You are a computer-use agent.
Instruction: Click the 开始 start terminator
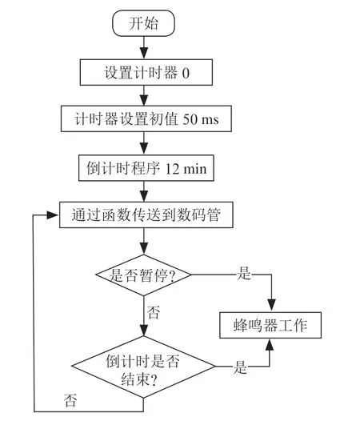(x=143, y=23)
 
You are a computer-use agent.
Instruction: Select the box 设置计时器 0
(x=146, y=72)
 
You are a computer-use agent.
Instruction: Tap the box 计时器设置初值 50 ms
(x=146, y=118)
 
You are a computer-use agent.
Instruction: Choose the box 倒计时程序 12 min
(x=146, y=168)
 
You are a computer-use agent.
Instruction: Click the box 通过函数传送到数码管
(x=146, y=215)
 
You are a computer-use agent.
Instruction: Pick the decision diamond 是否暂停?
(x=143, y=275)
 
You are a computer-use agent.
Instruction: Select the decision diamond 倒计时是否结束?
(x=143, y=367)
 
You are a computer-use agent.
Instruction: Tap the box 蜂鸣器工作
(x=270, y=325)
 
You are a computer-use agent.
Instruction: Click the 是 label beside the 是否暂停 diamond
(x=244, y=273)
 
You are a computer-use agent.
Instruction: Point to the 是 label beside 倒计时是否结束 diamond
(x=240, y=367)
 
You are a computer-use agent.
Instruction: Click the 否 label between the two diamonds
(x=154, y=312)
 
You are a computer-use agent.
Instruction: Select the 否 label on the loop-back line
(x=70, y=400)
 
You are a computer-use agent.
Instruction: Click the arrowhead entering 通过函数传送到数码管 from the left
(x=53, y=215)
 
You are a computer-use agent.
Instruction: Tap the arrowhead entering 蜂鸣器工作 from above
(x=271, y=306)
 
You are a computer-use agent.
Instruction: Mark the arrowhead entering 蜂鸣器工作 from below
(x=270, y=345)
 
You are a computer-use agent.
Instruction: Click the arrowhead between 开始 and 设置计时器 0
(x=143, y=53)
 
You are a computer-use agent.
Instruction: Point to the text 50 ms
(x=201, y=119)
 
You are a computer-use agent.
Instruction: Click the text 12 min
(x=186, y=169)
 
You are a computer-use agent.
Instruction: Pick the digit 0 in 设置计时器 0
(x=186, y=73)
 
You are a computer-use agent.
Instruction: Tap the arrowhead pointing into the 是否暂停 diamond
(x=143, y=248)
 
